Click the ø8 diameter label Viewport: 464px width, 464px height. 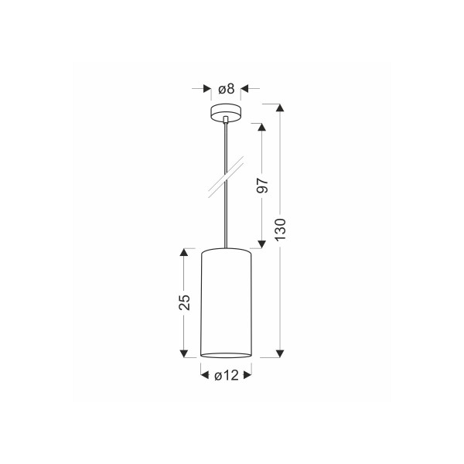click(227, 88)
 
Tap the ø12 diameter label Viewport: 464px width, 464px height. click(227, 375)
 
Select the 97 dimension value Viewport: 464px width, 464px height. click(262, 186)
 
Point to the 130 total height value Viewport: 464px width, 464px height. click(280, 230)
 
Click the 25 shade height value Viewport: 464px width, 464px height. click(184, 302)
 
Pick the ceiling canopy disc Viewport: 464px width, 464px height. click(226, 112)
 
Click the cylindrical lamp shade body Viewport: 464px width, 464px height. click(226, 302)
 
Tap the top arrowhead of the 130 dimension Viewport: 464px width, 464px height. click(280, 107)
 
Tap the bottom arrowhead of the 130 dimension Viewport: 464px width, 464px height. click(280, 353)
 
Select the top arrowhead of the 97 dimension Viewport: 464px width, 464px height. click(261, 127)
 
